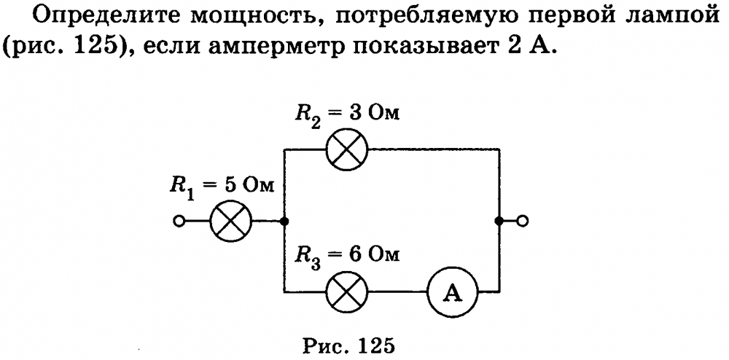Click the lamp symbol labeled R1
pos(230,221)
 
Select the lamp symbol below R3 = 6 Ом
pos(347,294)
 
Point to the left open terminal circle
pos(178,221)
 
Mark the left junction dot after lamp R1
pos(283,221)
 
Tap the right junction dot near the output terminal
pos(499,221)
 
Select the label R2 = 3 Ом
pos(347,115)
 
